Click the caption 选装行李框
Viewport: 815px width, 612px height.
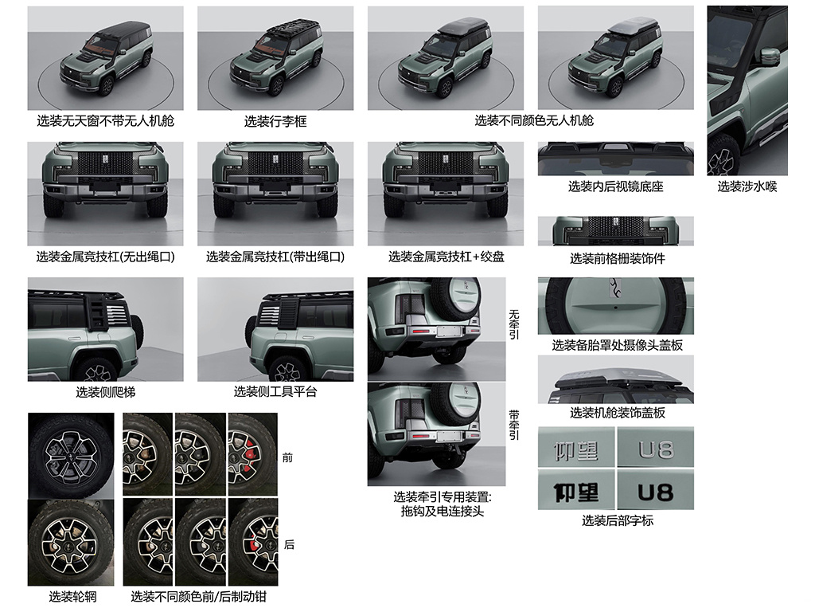pyautogui.click(x=275, y=121)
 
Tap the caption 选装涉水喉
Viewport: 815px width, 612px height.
pyautogui.click(x=747, y=186)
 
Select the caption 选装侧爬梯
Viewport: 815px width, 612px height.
pyautogui.click(x=106, y=392)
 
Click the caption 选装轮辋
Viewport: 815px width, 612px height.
pyautogui.click(x=72, y=597)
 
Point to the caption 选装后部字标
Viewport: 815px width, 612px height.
pyautogui.click(x=618, y=520)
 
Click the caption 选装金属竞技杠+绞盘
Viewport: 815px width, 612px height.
pyautogui.click(x=446, y=257)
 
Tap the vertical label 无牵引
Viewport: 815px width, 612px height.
pyautogui.click(x=513, y=324)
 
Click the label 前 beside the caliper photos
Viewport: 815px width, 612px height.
pyautogui.click(x=287, y=458)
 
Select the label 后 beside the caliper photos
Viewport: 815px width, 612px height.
pyautogui.click(x=289, y=544)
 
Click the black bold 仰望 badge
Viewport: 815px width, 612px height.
pyautogui.click(x=576, y=492)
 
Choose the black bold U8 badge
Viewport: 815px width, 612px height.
pyautogui.click(x=656, y=492)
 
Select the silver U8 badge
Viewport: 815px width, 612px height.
pyautogui.click(x=656, y=449)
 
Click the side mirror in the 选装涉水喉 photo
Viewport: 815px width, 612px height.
pyautogui.click(x=770, y=57)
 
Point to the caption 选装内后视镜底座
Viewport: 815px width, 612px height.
pyautogui.click(x=616, y=186)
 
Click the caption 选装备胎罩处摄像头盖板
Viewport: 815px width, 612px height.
pyautogui.click(x=617, y=345)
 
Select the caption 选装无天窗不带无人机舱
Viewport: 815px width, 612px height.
pyautogui.click(x=106, y=121)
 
